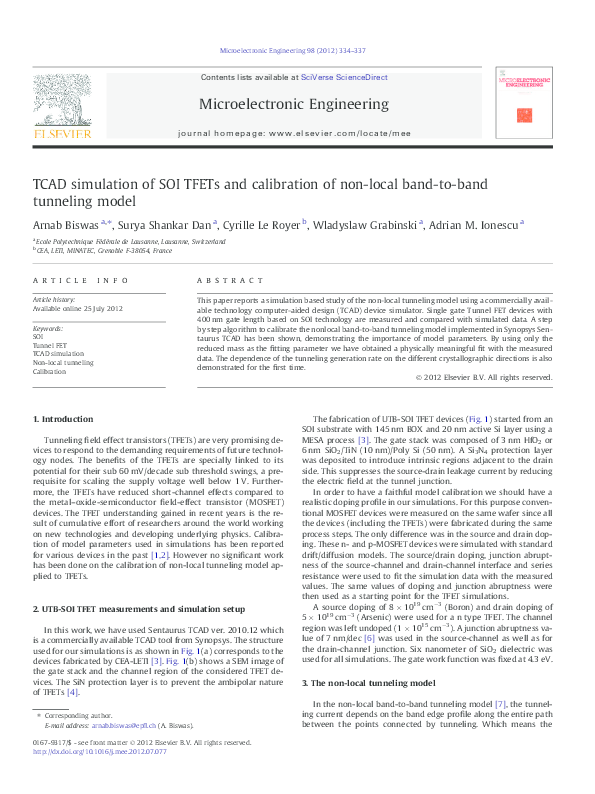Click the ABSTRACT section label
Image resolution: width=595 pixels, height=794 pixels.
tap(222, 282)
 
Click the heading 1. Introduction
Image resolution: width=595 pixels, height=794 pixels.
tap(63, 418)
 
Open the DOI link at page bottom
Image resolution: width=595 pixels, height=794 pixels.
tap(100, 778)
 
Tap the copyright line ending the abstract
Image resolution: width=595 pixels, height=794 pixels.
tap(483, 377)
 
